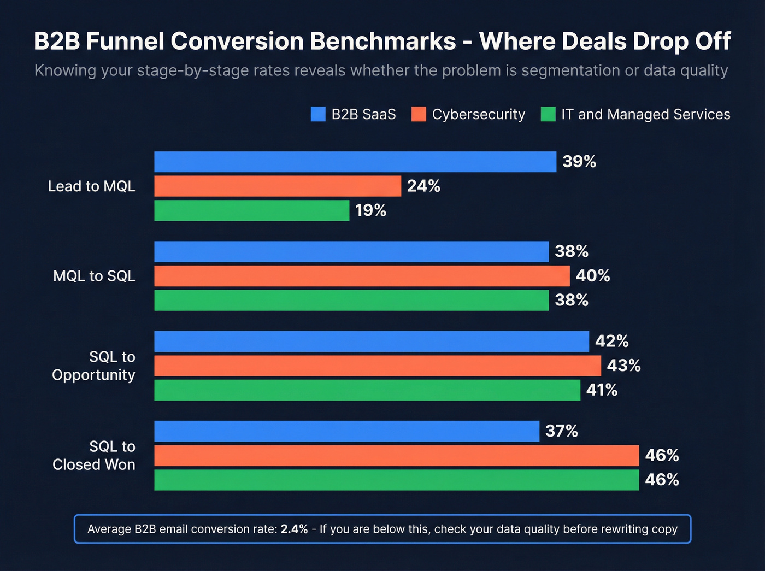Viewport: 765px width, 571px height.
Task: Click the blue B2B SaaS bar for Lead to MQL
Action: pyautogui.click(x=355, y=162)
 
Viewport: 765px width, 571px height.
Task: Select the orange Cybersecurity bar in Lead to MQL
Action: pyautogui.click(x=278, y=186)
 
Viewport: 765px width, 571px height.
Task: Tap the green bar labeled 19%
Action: pyautogui.click(x=251, y=210)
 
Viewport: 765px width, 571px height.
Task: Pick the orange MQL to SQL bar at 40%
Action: pyautogui.click(x=362, y=276)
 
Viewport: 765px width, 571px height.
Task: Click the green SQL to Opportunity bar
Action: pyautogui.click(x=367, y=390)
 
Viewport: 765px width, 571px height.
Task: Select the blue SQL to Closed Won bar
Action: pyautogui.click(x=346, y=431)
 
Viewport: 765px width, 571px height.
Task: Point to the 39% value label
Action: pyautogui.click(x=579, y=162)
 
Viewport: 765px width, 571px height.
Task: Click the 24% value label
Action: pyautogui.click(x=423, y=186)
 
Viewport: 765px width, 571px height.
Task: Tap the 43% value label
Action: pyautogui.click(x=623, y=366)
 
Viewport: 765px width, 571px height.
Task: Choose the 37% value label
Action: pyautogui.click(x=561, y=431)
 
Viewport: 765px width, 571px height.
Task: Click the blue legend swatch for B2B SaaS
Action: pyautogui.click(x=318, y=114)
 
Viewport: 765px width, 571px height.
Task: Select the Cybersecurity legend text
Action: pyautogui.click(x=478, y=114)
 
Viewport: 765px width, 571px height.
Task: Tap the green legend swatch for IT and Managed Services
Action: pyautogui.click(x=548, y=114)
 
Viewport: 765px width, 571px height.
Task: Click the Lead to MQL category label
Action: pyautogui.click(x=91, y=186)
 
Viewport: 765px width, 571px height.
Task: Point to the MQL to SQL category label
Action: pyautogui.click(x=94, y=276)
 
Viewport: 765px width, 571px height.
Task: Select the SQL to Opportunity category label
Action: pyautogui.click(x=93, y=366)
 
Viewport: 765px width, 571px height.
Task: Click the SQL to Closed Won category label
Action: pyautogui.click(x=93, y=455)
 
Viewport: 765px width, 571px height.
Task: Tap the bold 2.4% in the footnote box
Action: pyautogui.click(x=294, y=529)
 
